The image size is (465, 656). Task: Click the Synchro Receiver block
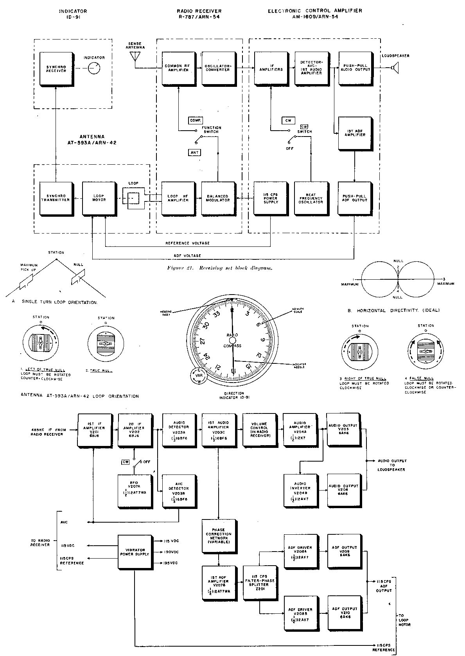pyautogui.click(x=56, y=68)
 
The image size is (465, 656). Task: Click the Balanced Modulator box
pyautogui.click(x=218, y=198)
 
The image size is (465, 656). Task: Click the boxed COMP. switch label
pyautogui.click(x=195, y=120)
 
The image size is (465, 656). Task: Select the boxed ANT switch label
pyautogui.click(x=194, y=153)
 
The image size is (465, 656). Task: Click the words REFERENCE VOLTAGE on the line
pyautogui.click(x=188, y=243)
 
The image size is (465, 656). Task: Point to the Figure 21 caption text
pyautogui.click(x=219, y=268)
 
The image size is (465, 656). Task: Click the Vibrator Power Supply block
pyautogui.click(x=134, y=552)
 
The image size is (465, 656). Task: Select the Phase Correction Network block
pyautogui.click(x=219, y=536)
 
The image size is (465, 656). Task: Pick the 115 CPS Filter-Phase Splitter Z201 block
pyautogui.click(x=259, y=583)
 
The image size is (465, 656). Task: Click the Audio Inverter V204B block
pyautogui.click(x=300, y=490)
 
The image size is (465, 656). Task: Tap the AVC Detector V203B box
pyautogui.click(x=179, y=491)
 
